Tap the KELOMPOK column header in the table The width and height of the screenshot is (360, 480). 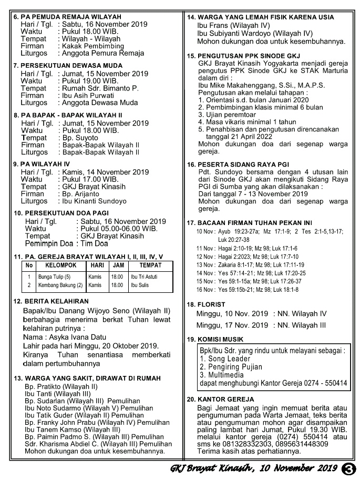click(57, 266)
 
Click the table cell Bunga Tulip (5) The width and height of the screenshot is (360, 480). click(53, 277)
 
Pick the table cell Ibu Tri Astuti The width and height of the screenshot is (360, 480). click(144, 277)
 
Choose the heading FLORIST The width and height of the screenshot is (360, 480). click(211, 304)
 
